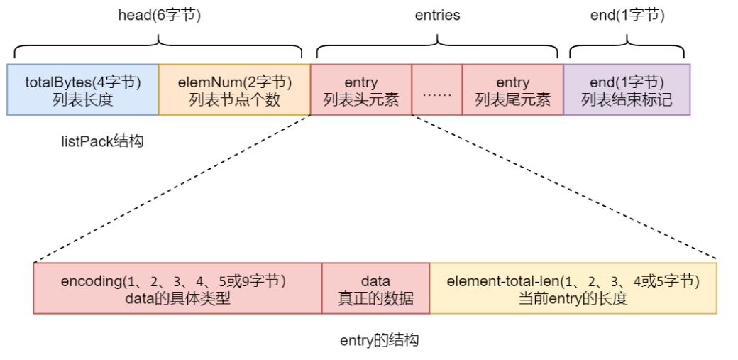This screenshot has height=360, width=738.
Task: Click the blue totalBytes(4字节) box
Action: tap(83, 90)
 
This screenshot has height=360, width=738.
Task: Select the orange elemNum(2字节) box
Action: tap(234, 90)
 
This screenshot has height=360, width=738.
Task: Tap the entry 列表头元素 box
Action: tap(360, 90)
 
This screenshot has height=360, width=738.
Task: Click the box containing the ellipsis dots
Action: tap(436, 90)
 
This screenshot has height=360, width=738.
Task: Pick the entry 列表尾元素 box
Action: tap(512, 90)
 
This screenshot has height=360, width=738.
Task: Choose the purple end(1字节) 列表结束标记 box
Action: tap(627, 90)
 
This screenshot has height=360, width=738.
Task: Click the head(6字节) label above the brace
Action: tap(159, 15)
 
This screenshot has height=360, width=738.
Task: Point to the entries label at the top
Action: tap(437, 15)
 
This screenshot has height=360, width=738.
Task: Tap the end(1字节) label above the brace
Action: tap(627, 15)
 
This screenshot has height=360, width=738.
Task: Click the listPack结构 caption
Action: tap(102, 141)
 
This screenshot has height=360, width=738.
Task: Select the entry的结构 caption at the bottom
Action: tap(379, 341)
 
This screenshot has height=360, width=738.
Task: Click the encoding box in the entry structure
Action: tap(177, 288)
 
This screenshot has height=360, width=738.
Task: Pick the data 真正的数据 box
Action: tap(375, 288)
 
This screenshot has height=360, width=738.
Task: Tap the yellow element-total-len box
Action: tap(573, 288)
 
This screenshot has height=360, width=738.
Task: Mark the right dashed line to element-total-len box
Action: tap(564, 188)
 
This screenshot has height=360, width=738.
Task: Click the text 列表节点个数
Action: tap(234, 99)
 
